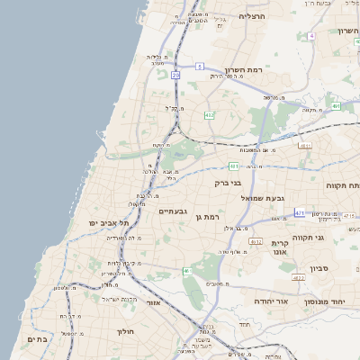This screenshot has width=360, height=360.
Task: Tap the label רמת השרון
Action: (x=269, y=70)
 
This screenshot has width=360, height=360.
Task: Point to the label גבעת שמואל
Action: (x=263, y=197)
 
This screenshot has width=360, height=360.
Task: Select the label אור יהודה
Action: (x=269, y=301)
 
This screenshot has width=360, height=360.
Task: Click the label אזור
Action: (x=154, y=303)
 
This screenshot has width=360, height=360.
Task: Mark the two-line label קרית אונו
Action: (x=279, y=248)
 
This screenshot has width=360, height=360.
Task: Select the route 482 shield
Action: (x=210, y=115)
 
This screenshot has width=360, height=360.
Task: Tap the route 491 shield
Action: (x=336, y=106)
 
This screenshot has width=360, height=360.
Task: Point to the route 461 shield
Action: (x=186, y=271)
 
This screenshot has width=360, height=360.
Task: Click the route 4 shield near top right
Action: (x=310, y=36)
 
